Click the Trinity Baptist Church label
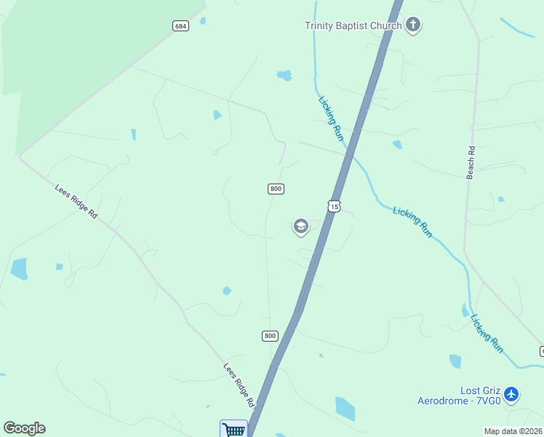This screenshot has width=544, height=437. pyautogui.click(x=353, y=26)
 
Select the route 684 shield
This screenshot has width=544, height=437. pyautogui.click(x=181, y=26)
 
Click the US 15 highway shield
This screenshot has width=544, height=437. pyautogui.click(x=333, y=206)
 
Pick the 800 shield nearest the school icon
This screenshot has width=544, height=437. pyautogui.click(x=276, y=189)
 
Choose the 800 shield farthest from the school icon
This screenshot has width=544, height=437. pyautogui.click(x=270, y=336)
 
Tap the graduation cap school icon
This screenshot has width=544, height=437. pyautogui.click(x=300, y=227)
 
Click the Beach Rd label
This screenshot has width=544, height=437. pyautogui.click(x=471, y=162)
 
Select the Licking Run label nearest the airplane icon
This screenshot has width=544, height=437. pyautogui.click(x=487, y=334)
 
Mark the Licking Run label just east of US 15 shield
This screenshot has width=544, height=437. pyautogui.click(x=412, y=222)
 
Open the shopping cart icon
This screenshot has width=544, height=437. pyautogui.click(x=234, y=429)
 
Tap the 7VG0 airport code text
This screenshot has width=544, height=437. pyautogui.click(x=485, y=401)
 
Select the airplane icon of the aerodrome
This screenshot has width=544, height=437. pyautogui.click(x=511, y=395)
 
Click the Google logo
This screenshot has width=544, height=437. pyautogui.click(x=24, y=428)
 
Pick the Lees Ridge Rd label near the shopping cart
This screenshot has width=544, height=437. pyautogui.click(x=239, y=385)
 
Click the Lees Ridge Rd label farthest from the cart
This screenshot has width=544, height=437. pyautogui.click(x=76, y=201)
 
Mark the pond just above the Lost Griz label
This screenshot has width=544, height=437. pyautogui.click(x=455, y=361)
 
